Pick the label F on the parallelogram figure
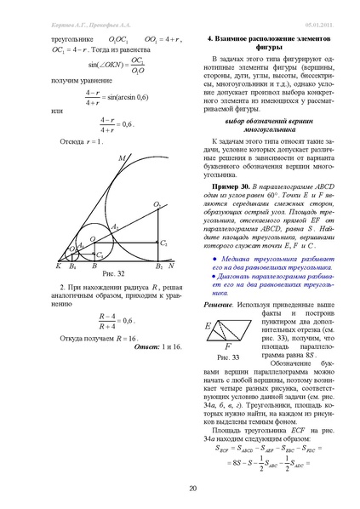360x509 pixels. pos(227,347)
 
